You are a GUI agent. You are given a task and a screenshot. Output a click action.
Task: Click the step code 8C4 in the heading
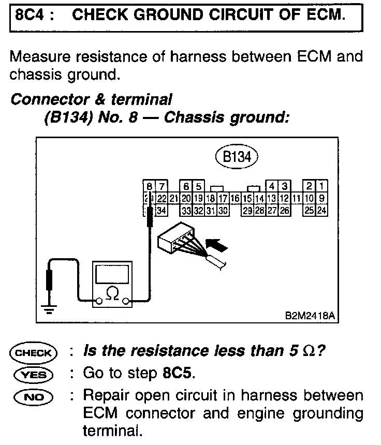(30, 15)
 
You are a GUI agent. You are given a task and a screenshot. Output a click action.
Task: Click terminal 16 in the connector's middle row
(233, 198)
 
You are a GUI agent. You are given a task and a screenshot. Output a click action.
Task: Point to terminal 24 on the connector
(321, 210)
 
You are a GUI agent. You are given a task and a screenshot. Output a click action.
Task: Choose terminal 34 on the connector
(161, 210)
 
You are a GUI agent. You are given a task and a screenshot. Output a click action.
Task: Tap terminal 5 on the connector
(199, 186)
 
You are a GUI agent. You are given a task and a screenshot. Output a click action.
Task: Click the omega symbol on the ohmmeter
(112, 293)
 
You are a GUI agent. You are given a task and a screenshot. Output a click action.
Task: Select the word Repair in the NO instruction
(104, 397)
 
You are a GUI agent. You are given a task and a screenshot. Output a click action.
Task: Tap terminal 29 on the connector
(248, 210)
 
